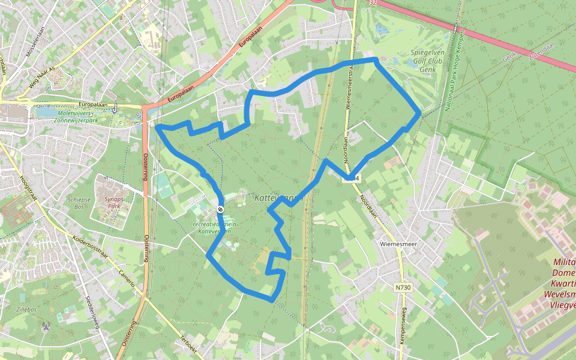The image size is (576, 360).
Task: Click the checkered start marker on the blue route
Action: [x=220, y=209]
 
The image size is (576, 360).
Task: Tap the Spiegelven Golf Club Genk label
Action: [x=427, y=61]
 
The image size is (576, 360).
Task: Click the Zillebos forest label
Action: [x=28, y=310]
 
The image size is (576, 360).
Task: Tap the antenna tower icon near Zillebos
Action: [x=46, y=327]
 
